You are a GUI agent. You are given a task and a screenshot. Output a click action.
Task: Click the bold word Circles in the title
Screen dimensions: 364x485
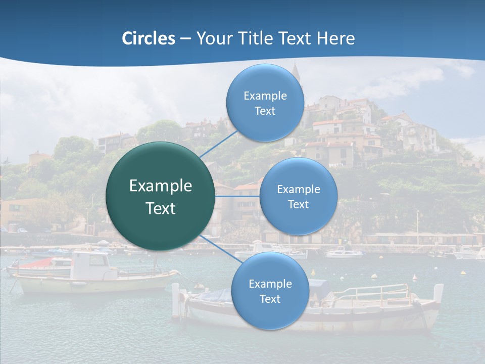148,38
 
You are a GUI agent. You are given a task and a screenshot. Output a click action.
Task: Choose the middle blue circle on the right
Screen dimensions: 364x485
298,196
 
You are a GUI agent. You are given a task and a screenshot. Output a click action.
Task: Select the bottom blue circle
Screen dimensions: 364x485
270,291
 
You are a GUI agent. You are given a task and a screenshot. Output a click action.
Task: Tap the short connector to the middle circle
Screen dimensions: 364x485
237,196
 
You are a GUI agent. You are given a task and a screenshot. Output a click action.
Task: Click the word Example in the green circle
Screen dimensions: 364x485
161,186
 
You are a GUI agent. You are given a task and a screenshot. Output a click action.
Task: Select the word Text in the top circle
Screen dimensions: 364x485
265,111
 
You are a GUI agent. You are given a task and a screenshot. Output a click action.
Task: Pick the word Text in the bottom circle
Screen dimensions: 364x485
270,299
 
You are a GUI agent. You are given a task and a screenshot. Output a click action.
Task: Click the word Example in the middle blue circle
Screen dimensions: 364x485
299,190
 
